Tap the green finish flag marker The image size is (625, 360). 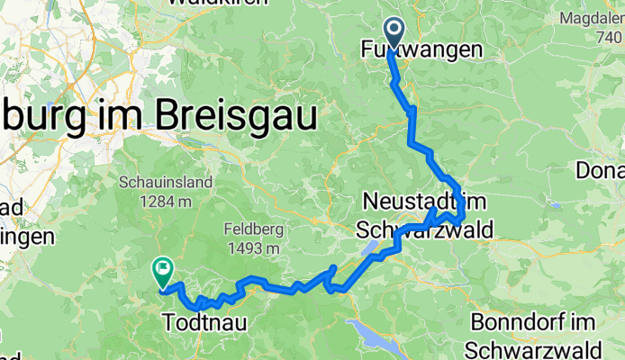[x=162, y=266]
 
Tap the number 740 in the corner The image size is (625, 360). [x=610, y=38]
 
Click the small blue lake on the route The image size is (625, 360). [x=370, y=248]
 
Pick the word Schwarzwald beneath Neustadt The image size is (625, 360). [x=425, y=229]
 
